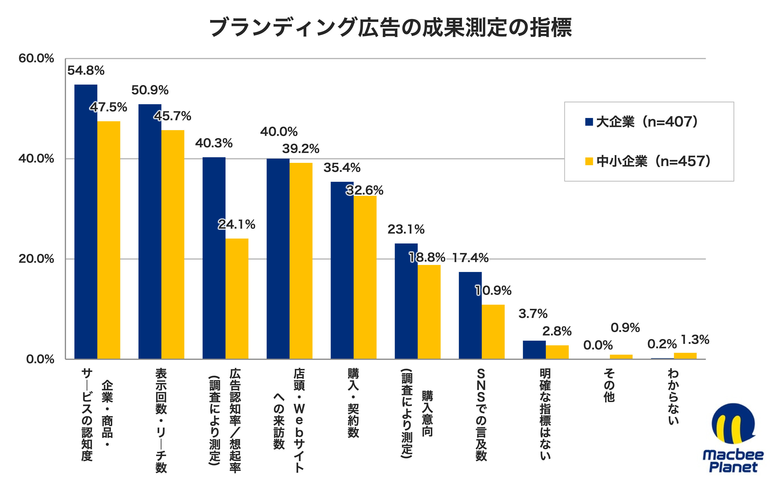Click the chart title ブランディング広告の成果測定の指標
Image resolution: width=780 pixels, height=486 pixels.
pos(390,28)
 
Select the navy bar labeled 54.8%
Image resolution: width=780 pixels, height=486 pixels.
pos(86,222)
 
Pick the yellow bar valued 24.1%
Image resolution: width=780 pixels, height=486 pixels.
pos(237,299)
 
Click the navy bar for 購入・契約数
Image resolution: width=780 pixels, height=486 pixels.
pos(342,270)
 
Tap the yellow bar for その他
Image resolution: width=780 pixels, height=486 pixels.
pos(621,357)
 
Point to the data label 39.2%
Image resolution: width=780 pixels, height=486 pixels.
pos(301,149)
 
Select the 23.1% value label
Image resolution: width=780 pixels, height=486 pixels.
pos(406,229)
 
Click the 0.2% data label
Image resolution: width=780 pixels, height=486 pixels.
pos(662,344)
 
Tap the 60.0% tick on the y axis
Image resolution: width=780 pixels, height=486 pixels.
pos(36,58)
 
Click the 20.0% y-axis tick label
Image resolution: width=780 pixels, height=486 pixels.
pos(36,259)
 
